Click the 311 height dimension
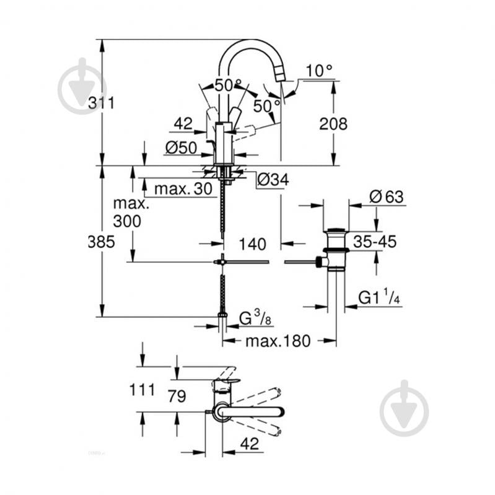(101, 103)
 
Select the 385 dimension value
(101, 242)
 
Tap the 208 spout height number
(333, 124)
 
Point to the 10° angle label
(319, 71)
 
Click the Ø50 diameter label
(181, 147)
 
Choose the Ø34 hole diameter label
(273, 180)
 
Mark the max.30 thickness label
(183, 188)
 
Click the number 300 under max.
(127, 221)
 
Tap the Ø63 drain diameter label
(386, 197)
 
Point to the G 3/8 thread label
(255, 318)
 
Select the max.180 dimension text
(278, 341)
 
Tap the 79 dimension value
(177, 396)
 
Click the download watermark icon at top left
(82, 87)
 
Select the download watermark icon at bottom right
(404, 409)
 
